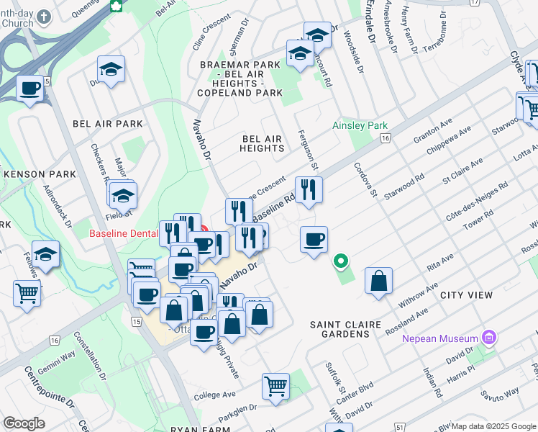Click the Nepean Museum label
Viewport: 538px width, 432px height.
pyautogui.click(x=439, y=338)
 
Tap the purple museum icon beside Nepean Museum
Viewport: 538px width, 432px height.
pyautogui.click(x=489, y=337)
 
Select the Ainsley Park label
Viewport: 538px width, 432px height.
pyautogui.click(x=360, y=126)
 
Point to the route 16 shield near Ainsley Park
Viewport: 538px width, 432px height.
pyautogui.click(x=386, y=138)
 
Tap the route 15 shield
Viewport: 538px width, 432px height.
pyautogui.click(x=137, y=320)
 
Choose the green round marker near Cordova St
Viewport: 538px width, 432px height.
pyautogui.click(x=342, y=261)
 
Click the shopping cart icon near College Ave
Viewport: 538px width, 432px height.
pyautogui.click(x=275, y=386)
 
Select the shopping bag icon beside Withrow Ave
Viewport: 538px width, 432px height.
pyautogui.click(x=378, y=281)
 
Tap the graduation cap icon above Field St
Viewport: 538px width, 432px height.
pyautogui.click(x=124, y=196)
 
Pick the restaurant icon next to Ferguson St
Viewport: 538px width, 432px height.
pyautogui.click(x=309, y=190)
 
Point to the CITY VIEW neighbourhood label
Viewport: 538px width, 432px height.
pyautogui.click(x=466, y=295)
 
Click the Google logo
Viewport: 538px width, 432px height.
pyautogui.click(x=24, y=423)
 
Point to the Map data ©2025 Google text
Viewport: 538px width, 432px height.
pyautogui.click(x=493, y=426)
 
